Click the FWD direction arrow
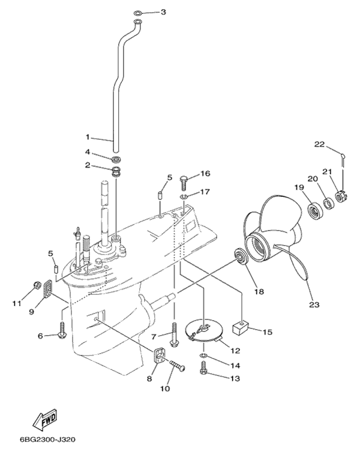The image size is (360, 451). pos(45,420)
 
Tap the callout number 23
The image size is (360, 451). pos(314,304)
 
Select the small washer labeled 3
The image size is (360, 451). pos(138,13)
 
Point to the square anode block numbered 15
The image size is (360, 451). pos(240,327)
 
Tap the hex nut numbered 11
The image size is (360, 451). pos(37,285)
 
